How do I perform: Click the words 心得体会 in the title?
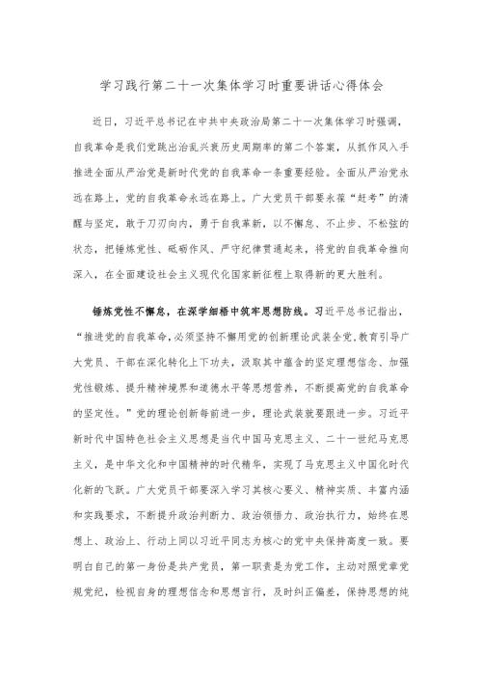358,85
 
